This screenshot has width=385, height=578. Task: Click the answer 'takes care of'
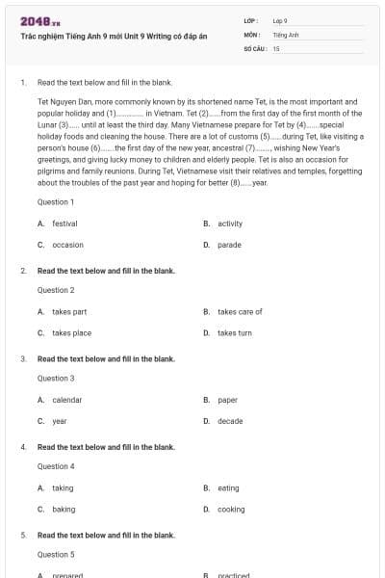pos(240,311)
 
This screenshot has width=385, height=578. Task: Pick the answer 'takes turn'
pos(234,332)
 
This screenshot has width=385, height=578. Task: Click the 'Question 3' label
pos(55,379)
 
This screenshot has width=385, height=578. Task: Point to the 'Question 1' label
pos(55,202)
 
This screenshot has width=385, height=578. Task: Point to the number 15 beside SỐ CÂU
pos(276,47)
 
